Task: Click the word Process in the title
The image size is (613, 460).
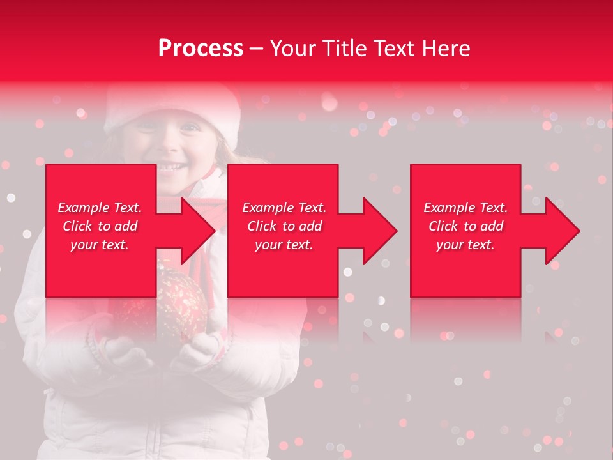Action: click(x=201, y=49)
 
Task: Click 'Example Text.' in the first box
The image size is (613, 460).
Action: click(x=100, y=208)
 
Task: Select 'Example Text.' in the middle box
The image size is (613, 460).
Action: click(x=284, y=208)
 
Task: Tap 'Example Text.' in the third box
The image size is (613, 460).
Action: click(x=465, y=208)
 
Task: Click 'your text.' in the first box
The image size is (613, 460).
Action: click(x=100, y=245)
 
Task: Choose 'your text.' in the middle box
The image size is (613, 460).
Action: click(x=284, y=245)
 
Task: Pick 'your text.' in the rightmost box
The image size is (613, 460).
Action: click(x=465, y=245)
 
